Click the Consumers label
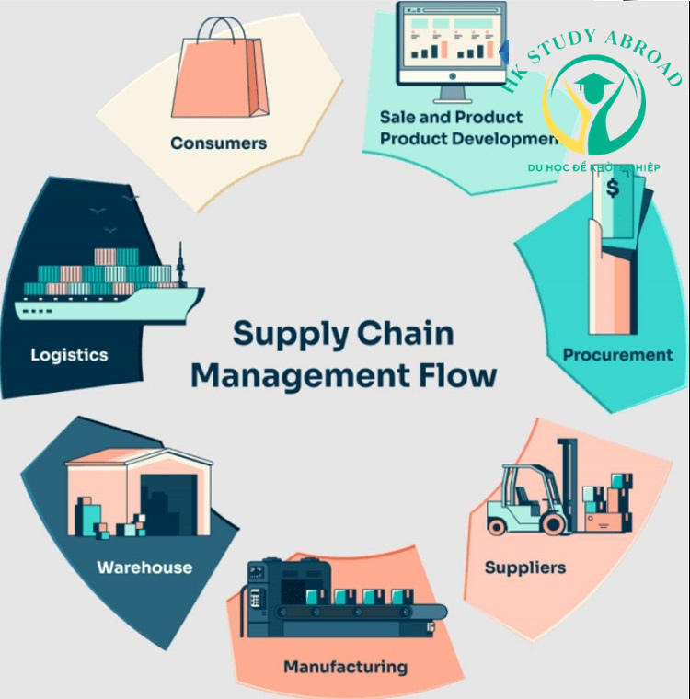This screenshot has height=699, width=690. (218, 143)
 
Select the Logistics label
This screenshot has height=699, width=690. (69, 355)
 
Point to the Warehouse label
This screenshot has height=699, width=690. (144, 567)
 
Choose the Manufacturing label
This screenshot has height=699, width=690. (345, 666)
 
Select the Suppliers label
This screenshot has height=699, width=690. (525, 567)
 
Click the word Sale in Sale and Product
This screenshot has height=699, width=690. (398, 118)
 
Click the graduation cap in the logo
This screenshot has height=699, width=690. (589, 87)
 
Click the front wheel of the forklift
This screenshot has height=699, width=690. (553, 523)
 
